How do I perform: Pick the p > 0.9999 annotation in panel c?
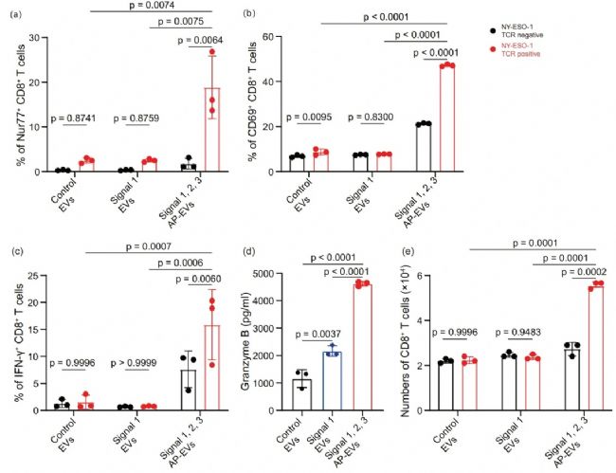coord(136,363)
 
